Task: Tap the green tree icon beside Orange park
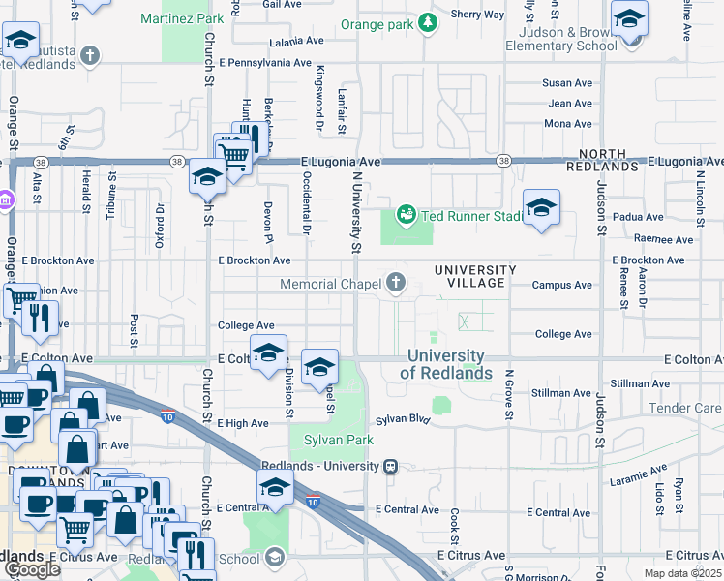click(x=427, y=22)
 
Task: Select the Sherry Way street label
click(x=478, y=15)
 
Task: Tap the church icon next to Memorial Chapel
click(x=395, y=284)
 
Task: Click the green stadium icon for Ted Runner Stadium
click(x=407, y=215)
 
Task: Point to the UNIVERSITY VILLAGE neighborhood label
click(x=469, y=276)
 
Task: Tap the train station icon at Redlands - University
click(x=390, y=466)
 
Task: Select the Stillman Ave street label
click(x=561, y=393)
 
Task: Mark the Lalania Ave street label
click(x=296, y=42)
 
